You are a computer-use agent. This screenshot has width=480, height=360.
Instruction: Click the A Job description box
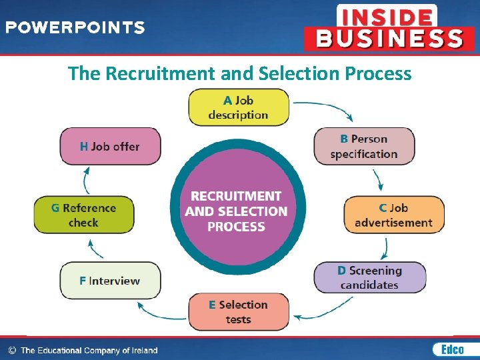pos(239,107)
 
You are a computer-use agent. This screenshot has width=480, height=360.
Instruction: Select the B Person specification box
pos(364,147)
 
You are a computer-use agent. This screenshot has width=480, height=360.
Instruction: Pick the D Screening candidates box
pos(369,277)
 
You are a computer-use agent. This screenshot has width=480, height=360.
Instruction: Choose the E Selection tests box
pos(238,311)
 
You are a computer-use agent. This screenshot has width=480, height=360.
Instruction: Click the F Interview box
pos(110,281)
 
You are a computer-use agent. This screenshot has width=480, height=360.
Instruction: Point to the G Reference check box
pos(83,215)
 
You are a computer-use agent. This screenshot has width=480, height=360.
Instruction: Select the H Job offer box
pos(110,146)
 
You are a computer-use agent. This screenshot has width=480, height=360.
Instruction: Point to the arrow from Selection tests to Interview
pos(160,309)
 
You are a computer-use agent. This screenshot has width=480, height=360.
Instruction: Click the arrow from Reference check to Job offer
pos(86,179)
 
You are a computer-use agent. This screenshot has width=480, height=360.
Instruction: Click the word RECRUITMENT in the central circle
pos(236,196)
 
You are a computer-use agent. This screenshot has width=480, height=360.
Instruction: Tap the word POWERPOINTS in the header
pos(75,28)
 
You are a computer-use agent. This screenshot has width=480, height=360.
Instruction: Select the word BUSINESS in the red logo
pos(389,39)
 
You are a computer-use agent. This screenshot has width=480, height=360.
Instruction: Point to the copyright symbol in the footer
pos(12,350)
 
